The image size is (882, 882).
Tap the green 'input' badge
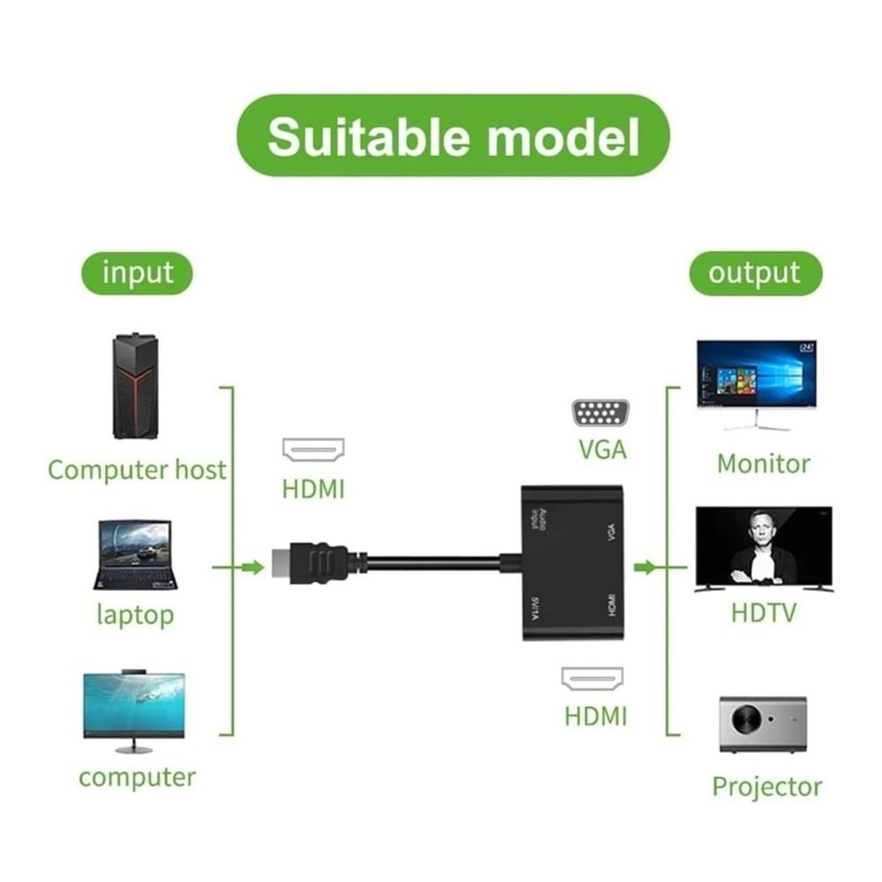coord(138,273)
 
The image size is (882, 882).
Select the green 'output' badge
coord(754,273)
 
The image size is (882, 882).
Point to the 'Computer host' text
coord(137,469)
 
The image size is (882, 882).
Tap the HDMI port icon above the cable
coord(313,450)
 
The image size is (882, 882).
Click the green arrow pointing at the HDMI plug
coord(252,567)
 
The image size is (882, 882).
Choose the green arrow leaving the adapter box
coord(646,567)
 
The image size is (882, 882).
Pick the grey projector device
coord(763,723)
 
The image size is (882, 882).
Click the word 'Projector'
coord(766,786)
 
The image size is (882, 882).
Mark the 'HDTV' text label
coord(764,611)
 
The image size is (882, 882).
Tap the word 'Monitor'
coord(763,463)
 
